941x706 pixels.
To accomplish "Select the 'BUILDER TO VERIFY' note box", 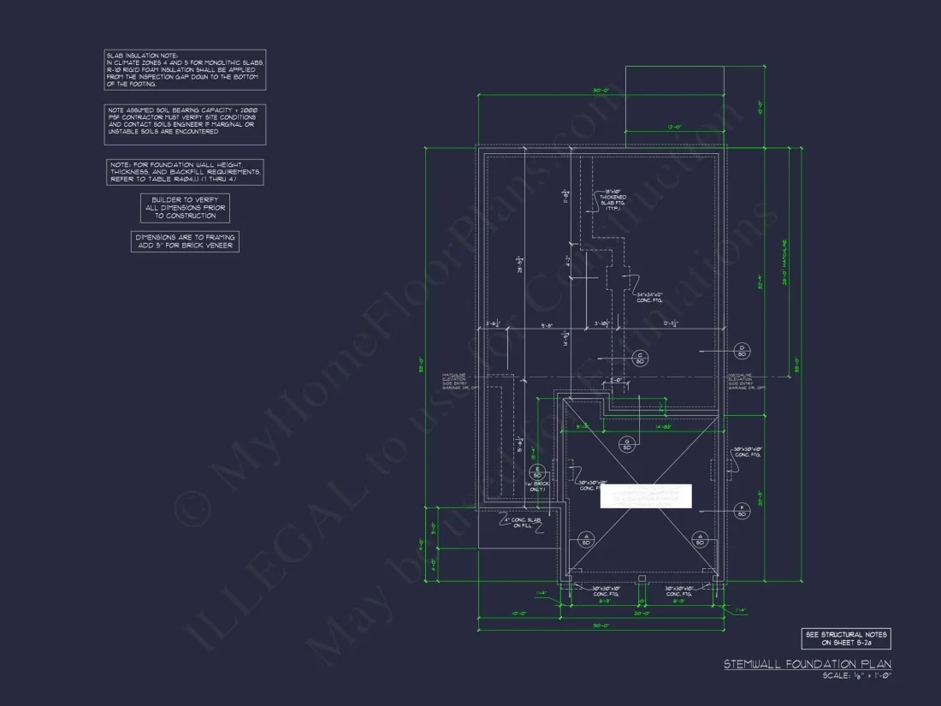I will click(185, 208).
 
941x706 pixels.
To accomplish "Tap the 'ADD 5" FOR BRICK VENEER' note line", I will click(185, 246).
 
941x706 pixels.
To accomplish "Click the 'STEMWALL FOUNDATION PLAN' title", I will click(807, 664).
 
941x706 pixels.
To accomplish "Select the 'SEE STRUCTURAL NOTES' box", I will click(845, 638).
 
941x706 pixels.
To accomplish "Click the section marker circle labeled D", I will click(742, 350).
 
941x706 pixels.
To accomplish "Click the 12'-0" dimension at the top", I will click(674, 127).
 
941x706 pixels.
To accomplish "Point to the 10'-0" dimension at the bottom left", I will click(519, 614).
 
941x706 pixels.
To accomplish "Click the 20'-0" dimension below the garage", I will click(642, 614).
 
